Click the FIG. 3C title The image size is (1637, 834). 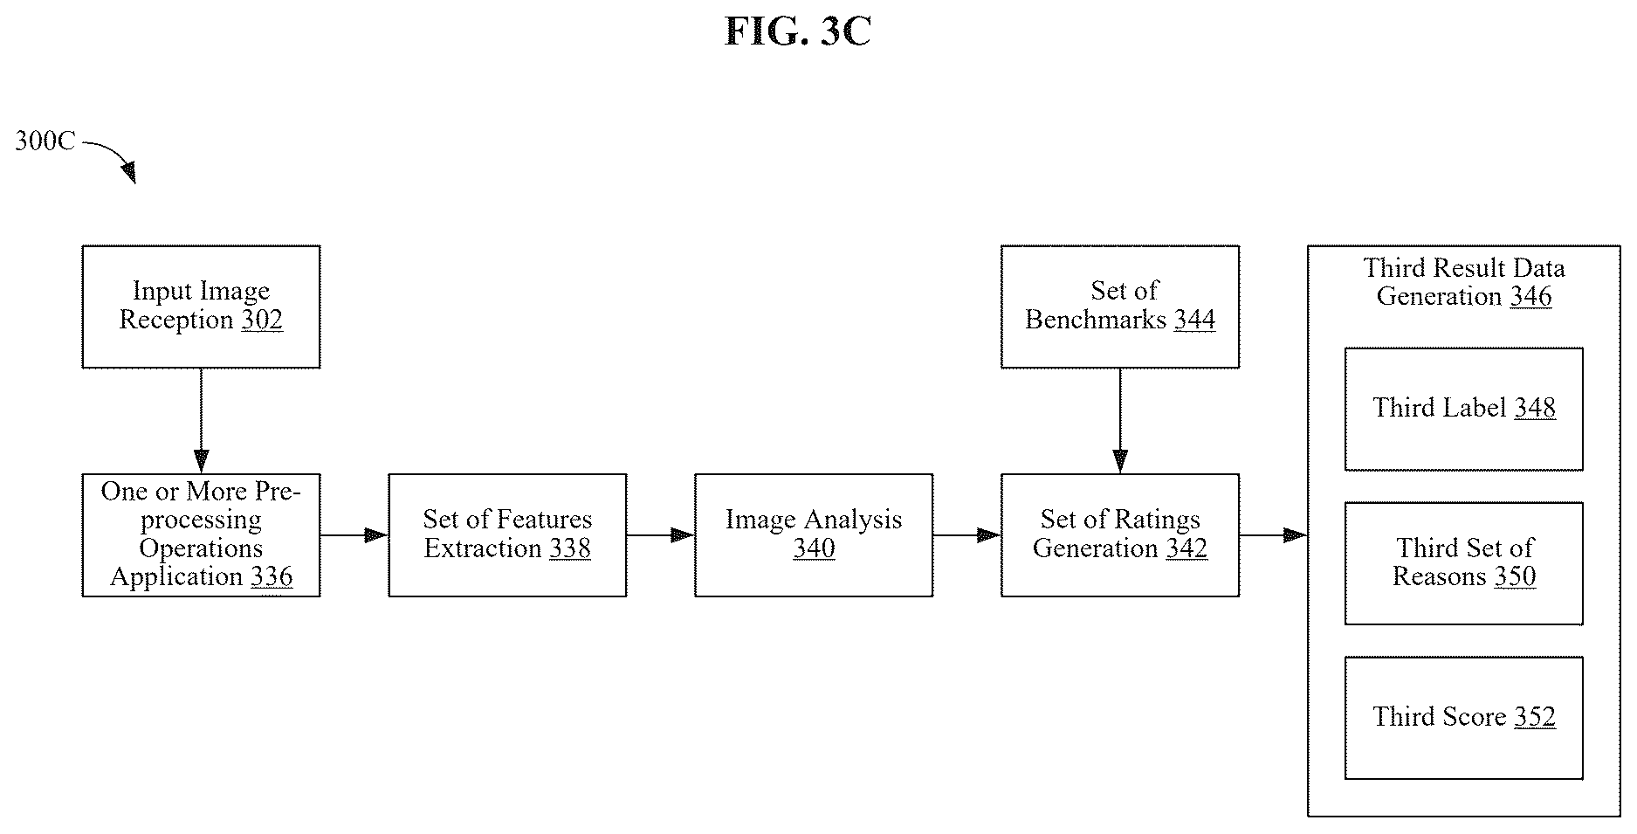pyautogui.click(x=798, y=31)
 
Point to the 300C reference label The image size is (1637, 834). pyautogui.click(x=45, y=141)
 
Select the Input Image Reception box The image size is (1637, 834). pyautogui.click(x=201, y=307)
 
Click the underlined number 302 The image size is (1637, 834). pyautogui.click(x=262, y=321)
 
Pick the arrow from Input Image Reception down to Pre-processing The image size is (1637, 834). pyautogui.click(x=201, y=421)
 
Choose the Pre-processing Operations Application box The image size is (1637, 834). pyautogui.click(x=201, y=535)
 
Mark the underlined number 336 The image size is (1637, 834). pyautogui.click(x=272, y=577)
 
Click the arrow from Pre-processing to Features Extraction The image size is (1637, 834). pyautogui.click(x=354, y=535)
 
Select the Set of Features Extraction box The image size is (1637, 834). pyautogui.click(x=507, y=535)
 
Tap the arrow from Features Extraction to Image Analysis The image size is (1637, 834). pyautogui.click(x=661, y=535)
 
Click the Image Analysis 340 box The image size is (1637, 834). pyautogui.click(x=814, y=535)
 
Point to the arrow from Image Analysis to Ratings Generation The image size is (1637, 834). pyautogui.click(x=967, y=535)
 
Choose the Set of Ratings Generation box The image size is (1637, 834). pyautogui.click(x=1120, y=535)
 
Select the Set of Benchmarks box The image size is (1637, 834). pyautogui.click(x=1120, y=307)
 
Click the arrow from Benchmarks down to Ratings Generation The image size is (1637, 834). pyautogui.click(x=1120, y=421)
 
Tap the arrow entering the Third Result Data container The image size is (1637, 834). pyautogui.click(x=1274, y=535)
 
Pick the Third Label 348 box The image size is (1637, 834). pyautogui.click(x=1464, y=410)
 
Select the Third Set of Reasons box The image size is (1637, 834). pyautogui.click(x=1464, y=563)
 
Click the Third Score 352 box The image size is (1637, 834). pyautogui.click(x=1464, y=718)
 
